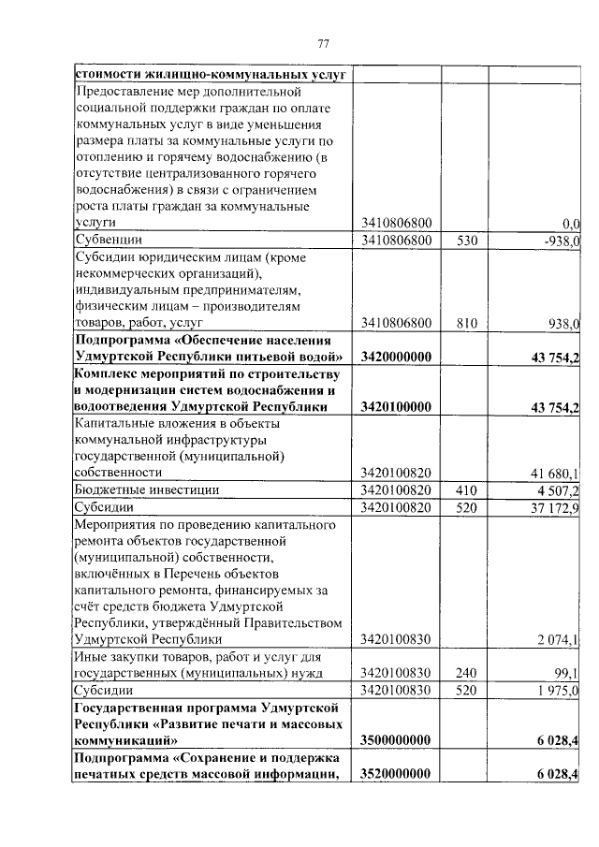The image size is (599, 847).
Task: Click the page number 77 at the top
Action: (324, 44)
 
